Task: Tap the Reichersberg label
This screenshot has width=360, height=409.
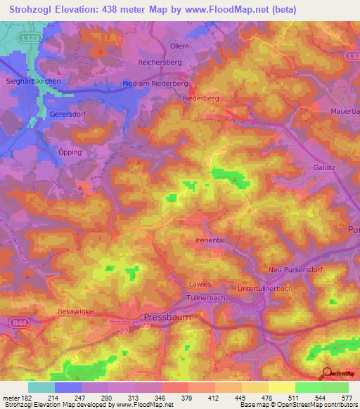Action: [161, 63]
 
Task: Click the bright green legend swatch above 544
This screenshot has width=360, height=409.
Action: [308, 387]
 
